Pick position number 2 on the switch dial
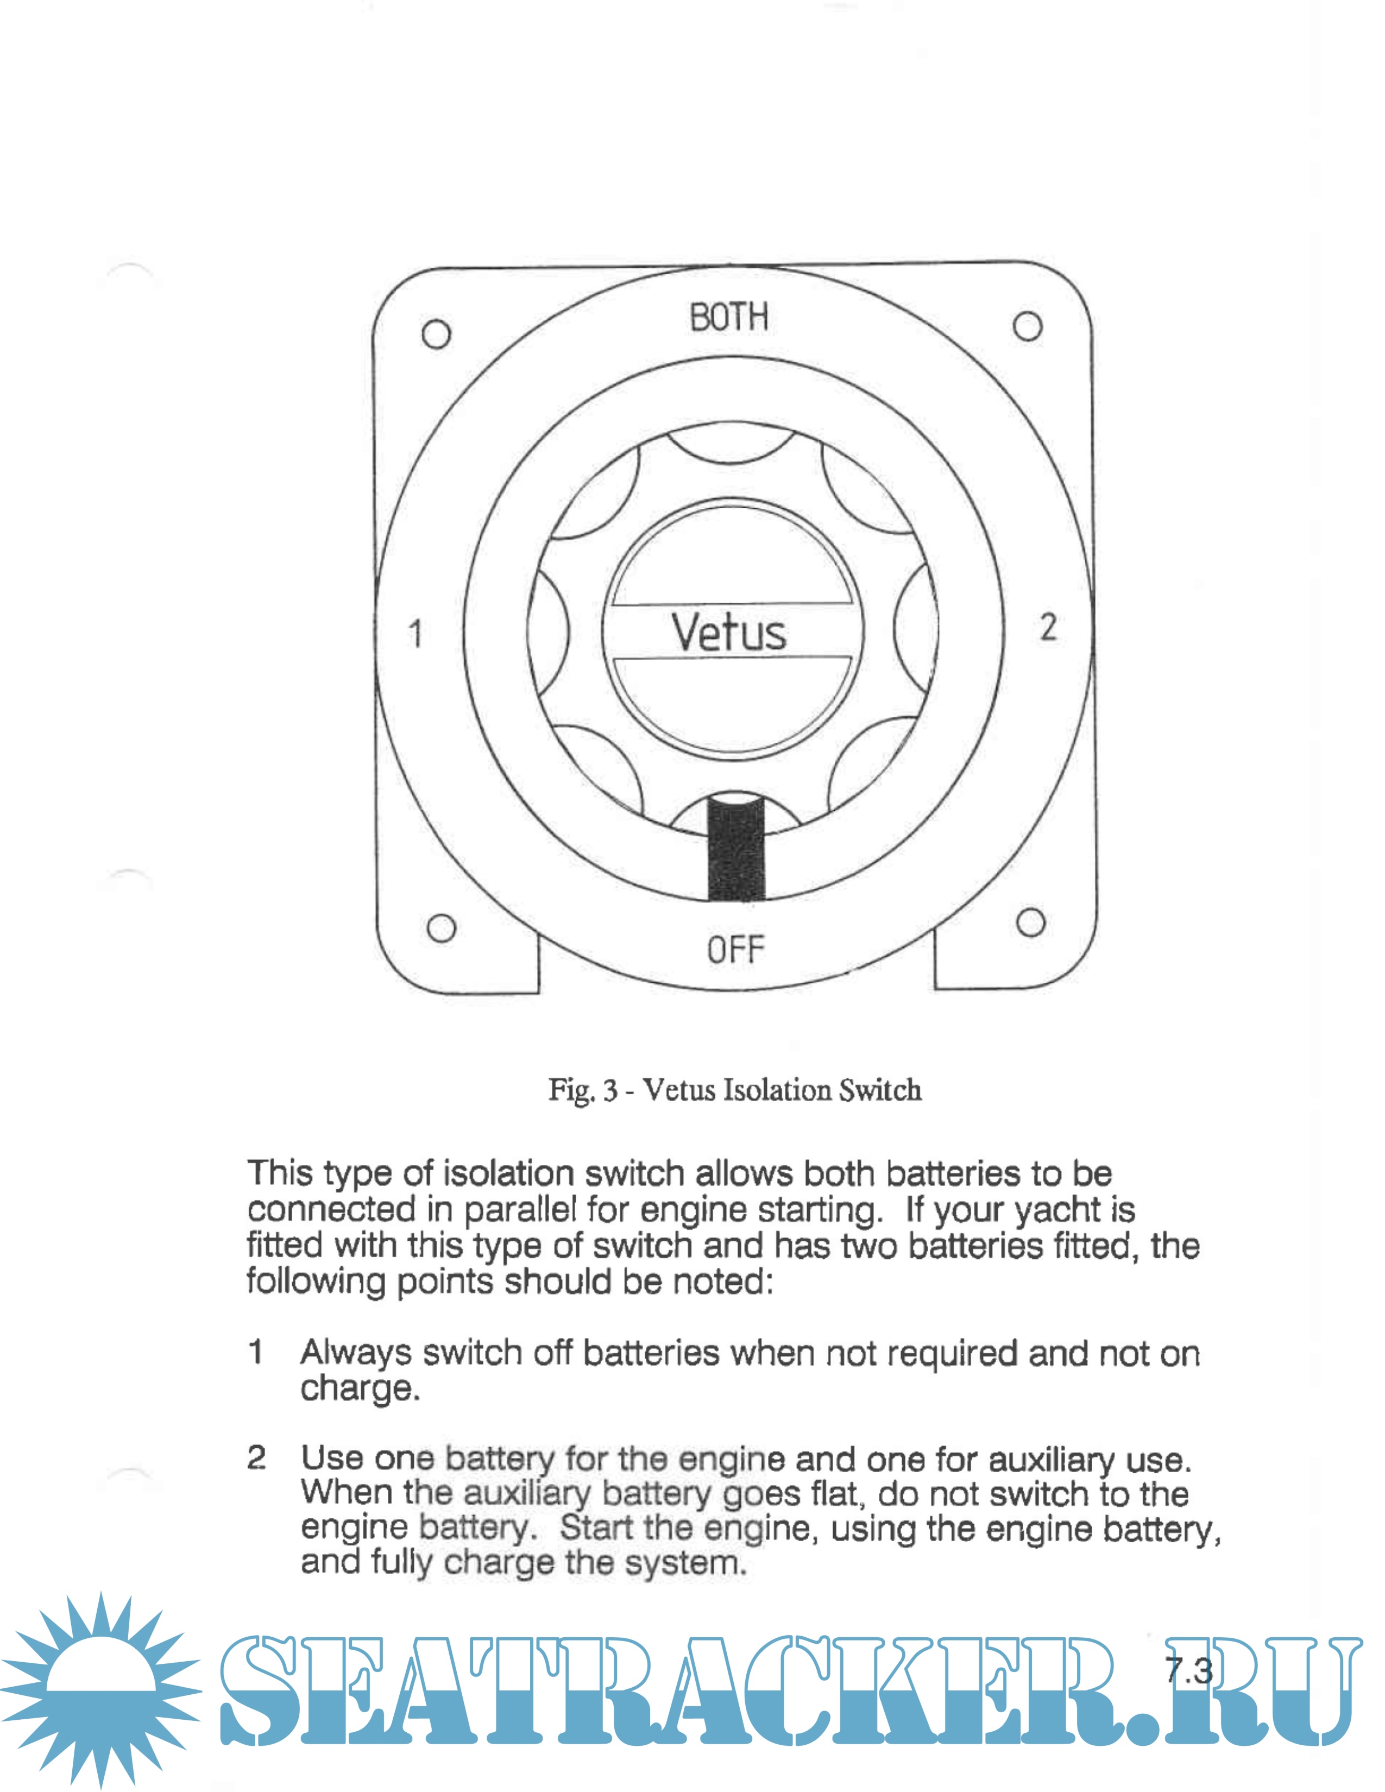pyautogui.click(x=1048, y=628)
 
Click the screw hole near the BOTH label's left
pyautogui.click(x=437, y=334)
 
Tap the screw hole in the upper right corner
pyautogui.click(x=1027, y=326)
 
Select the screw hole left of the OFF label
pyautogui.click(x=442, y=929)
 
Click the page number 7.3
pyautogui.click(x=1188, y=1670)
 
